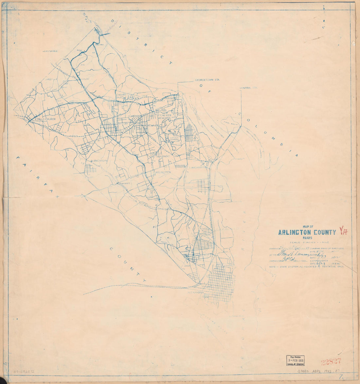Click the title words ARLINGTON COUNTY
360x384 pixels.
(307, 233)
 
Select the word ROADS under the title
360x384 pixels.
(307, 238)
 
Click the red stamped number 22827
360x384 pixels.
(331, 361)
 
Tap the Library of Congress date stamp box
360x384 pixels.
(296, 360)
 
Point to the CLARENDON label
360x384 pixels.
(135, 116)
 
